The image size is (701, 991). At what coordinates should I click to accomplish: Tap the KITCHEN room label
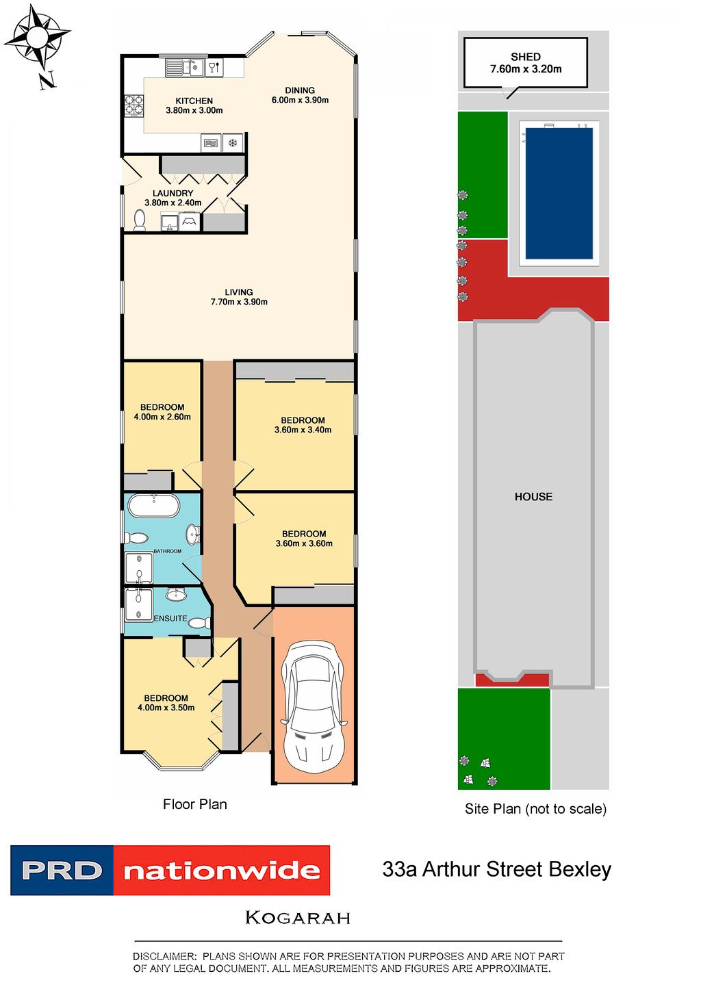tap(194, 101)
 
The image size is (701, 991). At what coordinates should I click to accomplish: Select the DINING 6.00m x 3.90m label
tap(300, 95)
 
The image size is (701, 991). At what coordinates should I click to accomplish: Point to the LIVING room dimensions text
tap(239, 302)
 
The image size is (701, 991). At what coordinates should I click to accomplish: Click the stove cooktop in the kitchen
tap(133, 105)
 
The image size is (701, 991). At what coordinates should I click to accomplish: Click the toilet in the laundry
tap(140, 220)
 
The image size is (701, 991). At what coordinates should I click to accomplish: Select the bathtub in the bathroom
tap(154, 506)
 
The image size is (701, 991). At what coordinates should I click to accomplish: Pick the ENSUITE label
tap(170, 618)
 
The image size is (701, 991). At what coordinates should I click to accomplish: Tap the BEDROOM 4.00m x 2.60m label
tap(162, 412)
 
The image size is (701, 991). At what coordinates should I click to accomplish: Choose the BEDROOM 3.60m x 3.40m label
tap(303, 425)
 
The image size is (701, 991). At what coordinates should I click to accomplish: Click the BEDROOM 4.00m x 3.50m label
tap(166, 703)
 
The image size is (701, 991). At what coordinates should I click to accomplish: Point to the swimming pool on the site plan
tap(559, 194)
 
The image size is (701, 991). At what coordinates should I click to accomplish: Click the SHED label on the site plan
tap(526, 57)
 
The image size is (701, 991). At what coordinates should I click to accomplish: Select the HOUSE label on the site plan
tap(533, 497)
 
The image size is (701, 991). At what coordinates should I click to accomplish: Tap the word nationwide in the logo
tap(222, 871)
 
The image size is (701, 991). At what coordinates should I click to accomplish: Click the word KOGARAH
tap(298, 918)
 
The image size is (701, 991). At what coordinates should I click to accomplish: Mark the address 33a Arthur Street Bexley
tap(496, 869)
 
